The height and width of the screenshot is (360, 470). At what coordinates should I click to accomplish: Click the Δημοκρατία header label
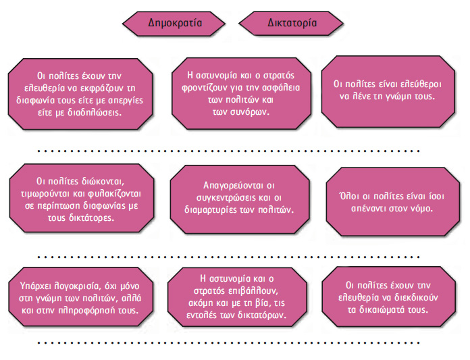coord(175,24)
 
